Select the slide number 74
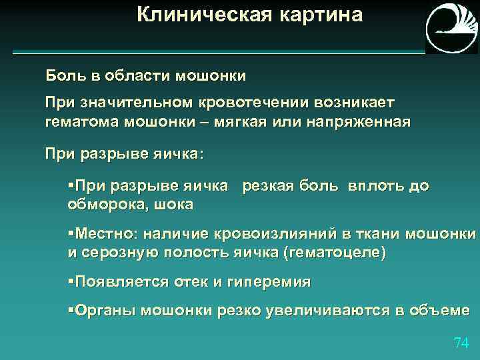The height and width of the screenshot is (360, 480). pos(461,343)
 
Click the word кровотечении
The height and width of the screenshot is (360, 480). pos(247,103)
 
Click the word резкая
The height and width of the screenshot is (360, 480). pos(269,186)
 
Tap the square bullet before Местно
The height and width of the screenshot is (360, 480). pos(71,234)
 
